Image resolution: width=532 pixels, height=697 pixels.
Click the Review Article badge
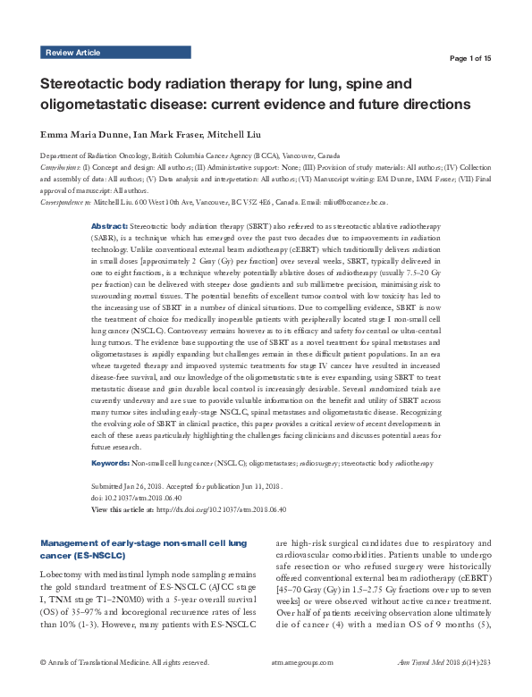pyautogui.click(x=72, y=53)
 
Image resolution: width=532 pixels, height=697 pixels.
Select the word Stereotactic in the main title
pyautogui.click(x=90, y=85)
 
